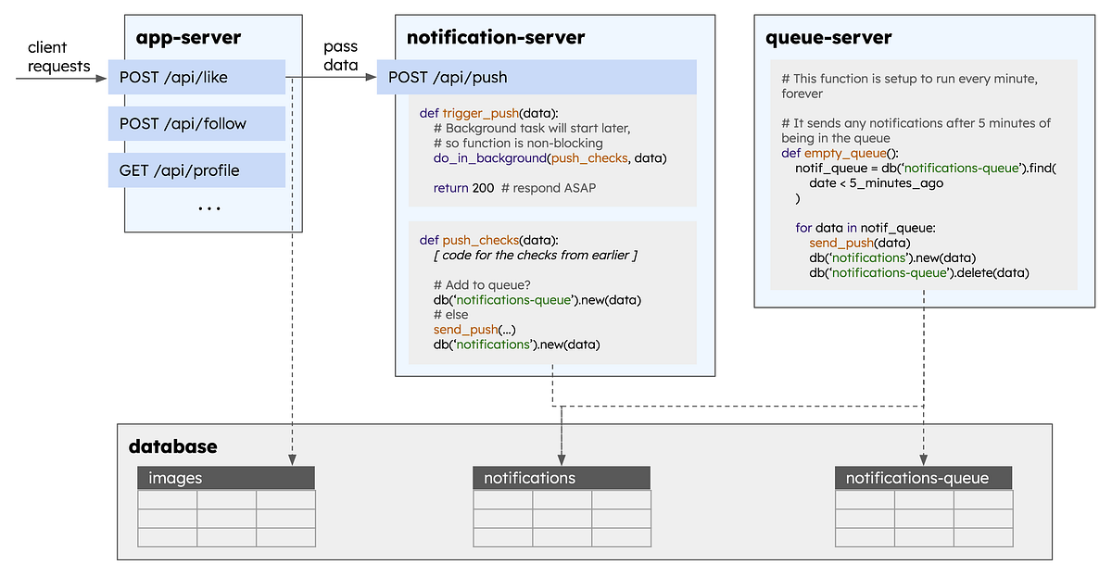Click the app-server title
click(x=188, y=38)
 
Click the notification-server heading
click(x=496, y=38)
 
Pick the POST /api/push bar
click(x=536, y=78)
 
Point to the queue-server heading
click(x=828, y=38)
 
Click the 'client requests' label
click(x=59, y=56)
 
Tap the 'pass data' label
click(x=340, y=56)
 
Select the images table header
click(x=226, y=478)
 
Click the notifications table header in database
click(x=562, y=478)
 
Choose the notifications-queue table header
click(x=923, y=478)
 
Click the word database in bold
click(x=172, y=446)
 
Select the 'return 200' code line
click(x=463, y=188)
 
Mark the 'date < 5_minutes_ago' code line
click(x=864, y=183)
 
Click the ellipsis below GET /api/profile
click(x=209, y=208)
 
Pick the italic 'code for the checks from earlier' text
click(x=536, y=255)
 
